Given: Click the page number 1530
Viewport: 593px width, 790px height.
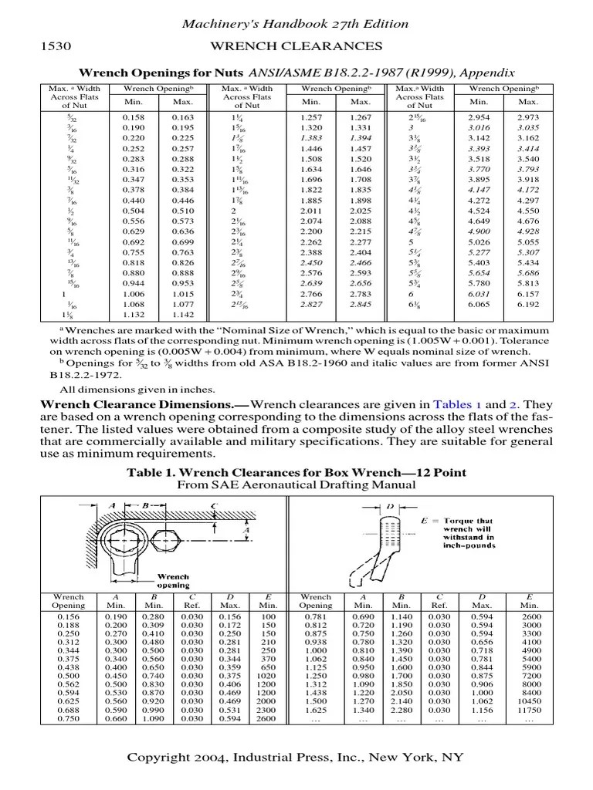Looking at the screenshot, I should [x=55, y=47].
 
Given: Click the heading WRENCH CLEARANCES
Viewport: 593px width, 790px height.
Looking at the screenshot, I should [x=296, y=47].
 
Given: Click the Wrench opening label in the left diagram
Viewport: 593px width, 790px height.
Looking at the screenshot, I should [x=175, y=580].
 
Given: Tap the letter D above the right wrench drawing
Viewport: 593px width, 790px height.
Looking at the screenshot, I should [x=390, y=506].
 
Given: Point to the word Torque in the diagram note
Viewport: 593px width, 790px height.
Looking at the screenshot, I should [x=457, y=522].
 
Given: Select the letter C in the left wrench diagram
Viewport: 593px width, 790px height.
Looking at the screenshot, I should [x=213, y=506].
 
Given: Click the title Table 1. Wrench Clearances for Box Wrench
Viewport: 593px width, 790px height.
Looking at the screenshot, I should [x=296, y=471].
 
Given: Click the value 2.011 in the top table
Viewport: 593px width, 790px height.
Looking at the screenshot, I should [x=311, y=210].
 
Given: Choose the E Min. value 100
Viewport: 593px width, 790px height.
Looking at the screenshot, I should [x=268, y=616].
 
